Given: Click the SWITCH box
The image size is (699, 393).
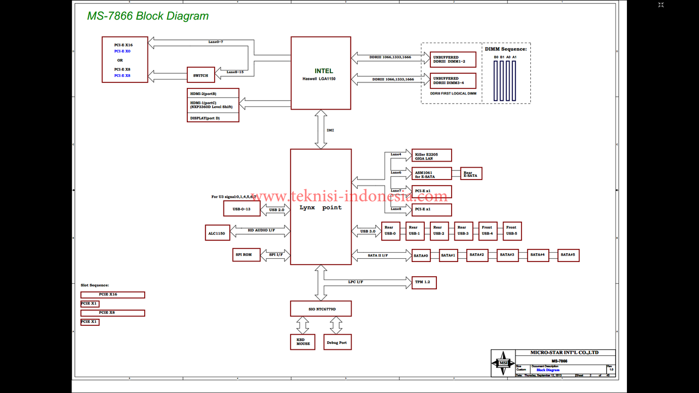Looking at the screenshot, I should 200,75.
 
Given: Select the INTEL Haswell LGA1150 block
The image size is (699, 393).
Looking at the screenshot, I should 321,73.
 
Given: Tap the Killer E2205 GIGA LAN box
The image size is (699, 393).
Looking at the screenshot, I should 431,156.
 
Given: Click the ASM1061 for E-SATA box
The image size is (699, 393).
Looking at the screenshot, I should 431,174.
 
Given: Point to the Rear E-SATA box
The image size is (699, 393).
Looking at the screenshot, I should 471,174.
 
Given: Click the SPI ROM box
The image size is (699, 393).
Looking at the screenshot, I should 246,255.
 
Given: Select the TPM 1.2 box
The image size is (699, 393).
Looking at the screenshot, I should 424,282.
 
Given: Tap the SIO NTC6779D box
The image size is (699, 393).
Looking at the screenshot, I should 321,308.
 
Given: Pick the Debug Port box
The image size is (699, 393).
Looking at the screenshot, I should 337,342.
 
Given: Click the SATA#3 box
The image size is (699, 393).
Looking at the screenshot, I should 508,255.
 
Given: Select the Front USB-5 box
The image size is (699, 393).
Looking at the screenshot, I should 511,231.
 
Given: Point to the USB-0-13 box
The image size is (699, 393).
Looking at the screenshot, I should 241,209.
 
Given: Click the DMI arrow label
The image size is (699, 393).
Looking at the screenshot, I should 330,130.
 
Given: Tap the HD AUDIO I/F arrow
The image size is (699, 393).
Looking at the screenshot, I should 261,231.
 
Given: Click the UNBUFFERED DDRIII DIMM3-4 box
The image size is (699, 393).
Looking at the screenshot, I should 453,81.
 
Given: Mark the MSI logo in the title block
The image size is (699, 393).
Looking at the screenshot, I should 503,363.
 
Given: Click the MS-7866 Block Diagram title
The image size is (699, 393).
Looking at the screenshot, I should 148,16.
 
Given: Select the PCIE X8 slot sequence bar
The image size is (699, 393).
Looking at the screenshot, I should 112,313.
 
